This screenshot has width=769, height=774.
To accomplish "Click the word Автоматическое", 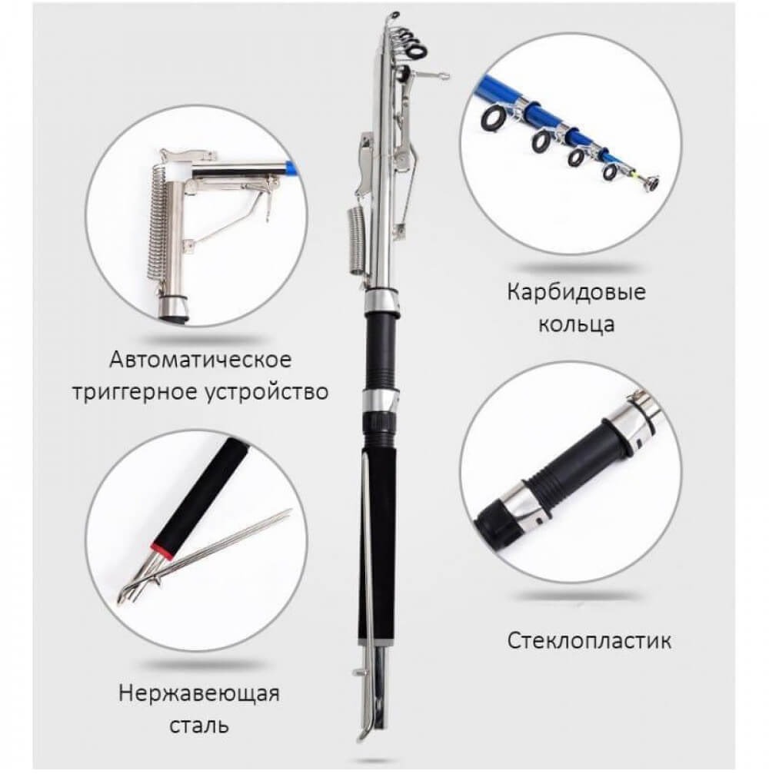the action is coord(201,360).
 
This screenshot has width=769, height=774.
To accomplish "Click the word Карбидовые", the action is coord(576,292).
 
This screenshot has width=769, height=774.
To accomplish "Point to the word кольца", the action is coord(577,325).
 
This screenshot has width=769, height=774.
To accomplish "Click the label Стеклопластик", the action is coord(589,641).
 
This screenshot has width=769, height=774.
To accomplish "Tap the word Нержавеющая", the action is coord(199,693).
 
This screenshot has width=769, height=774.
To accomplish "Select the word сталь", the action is coord(199,726).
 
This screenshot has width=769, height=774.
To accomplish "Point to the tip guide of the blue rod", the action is coord(650,182).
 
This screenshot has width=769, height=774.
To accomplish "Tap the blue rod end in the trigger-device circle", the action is coord(292,168).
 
